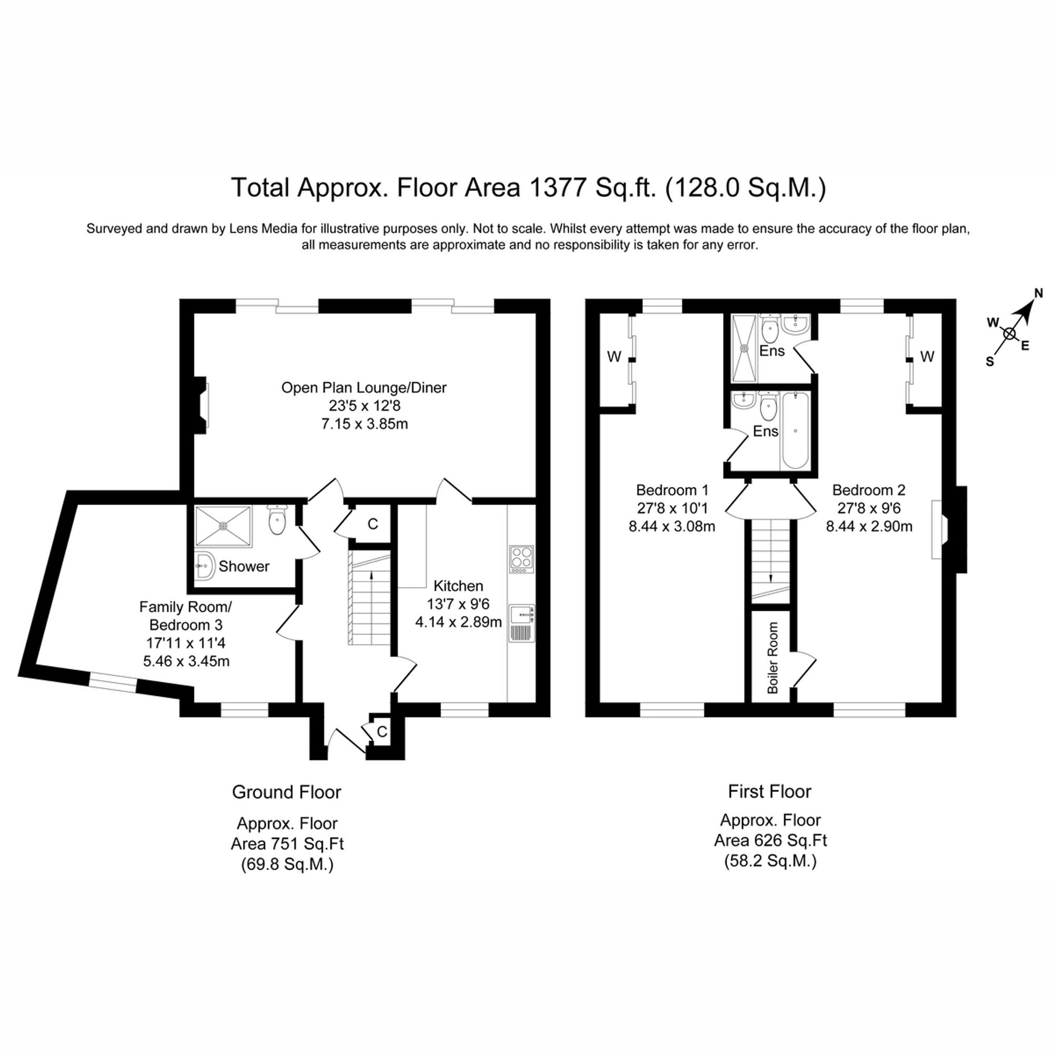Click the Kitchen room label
coord(458,586)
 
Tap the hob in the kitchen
coord(521,559)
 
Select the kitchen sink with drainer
coord(522,623)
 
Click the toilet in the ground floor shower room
coord(277,521)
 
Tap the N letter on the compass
coord(1038,294)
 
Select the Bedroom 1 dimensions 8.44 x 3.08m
coord(671,527)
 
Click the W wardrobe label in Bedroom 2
coord(927,356)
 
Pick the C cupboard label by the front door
coord(382,731)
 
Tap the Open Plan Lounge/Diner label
coord(363,388)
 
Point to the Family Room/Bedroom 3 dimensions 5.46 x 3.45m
coord(186,661)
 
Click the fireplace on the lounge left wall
coord(203,404)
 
